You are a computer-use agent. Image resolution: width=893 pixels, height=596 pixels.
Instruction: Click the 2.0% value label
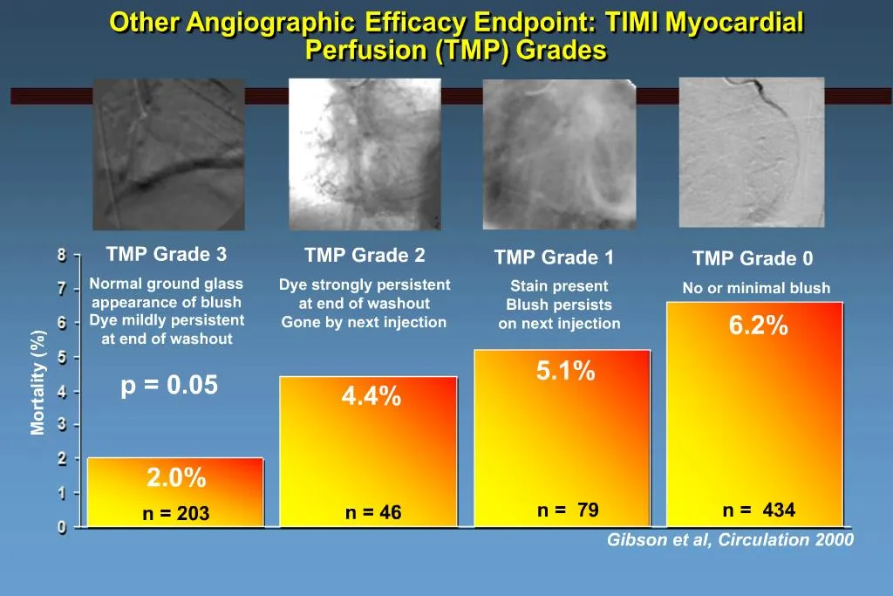pyautogui.click(x=176, y=478)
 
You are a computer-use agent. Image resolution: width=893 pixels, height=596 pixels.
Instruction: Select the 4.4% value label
pyautogui.click(x=372, y=397)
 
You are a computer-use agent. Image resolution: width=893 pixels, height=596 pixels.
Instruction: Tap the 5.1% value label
pyautogui.click(x=565, y=372)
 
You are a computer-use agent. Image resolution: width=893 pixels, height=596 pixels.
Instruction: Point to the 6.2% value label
pyautogui.click(x=759, y=326)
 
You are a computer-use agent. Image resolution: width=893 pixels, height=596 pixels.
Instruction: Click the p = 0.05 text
pyautogui.click(x=169, y=386)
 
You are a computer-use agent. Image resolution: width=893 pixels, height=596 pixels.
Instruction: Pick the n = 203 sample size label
pyautogui.click(x=176, y=514)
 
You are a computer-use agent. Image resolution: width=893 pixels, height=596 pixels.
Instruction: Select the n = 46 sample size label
pyautogui.click(x=373, y=513)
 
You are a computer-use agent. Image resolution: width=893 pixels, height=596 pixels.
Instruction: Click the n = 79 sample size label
pyautogui.click(x=568, y=510)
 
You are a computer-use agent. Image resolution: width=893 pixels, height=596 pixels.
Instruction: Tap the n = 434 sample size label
pyautogui.click(x=759, y=510)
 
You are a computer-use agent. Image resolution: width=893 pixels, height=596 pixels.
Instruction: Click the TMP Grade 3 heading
pyautogui.click(x=167, y=255)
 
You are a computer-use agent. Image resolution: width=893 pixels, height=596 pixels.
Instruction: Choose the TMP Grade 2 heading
pyautogui.click(x=365, y=256)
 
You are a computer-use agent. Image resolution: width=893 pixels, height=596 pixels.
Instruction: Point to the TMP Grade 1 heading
pyautogui.click(x=554, y=257)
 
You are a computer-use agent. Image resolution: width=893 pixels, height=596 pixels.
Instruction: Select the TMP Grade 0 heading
pyautogui.click(x=753, y=258)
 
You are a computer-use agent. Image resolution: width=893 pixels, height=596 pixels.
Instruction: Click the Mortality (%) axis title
pyautogui.click(x=37, y=382)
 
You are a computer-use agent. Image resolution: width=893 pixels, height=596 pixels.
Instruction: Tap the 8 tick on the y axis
pyautogui.click(x=62, y=256)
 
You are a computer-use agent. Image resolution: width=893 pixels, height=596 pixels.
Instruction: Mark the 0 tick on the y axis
pyautogui.click(x=62, y=527)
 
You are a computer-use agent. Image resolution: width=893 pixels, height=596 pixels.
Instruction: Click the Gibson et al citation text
pyautogui.click(x=730, y=540)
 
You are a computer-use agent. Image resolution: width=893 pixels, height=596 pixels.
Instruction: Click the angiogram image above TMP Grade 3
pyautogui.click(x=168, y=154)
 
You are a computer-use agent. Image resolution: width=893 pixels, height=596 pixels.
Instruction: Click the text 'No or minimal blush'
pyautogui.click(x=756, y=288)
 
